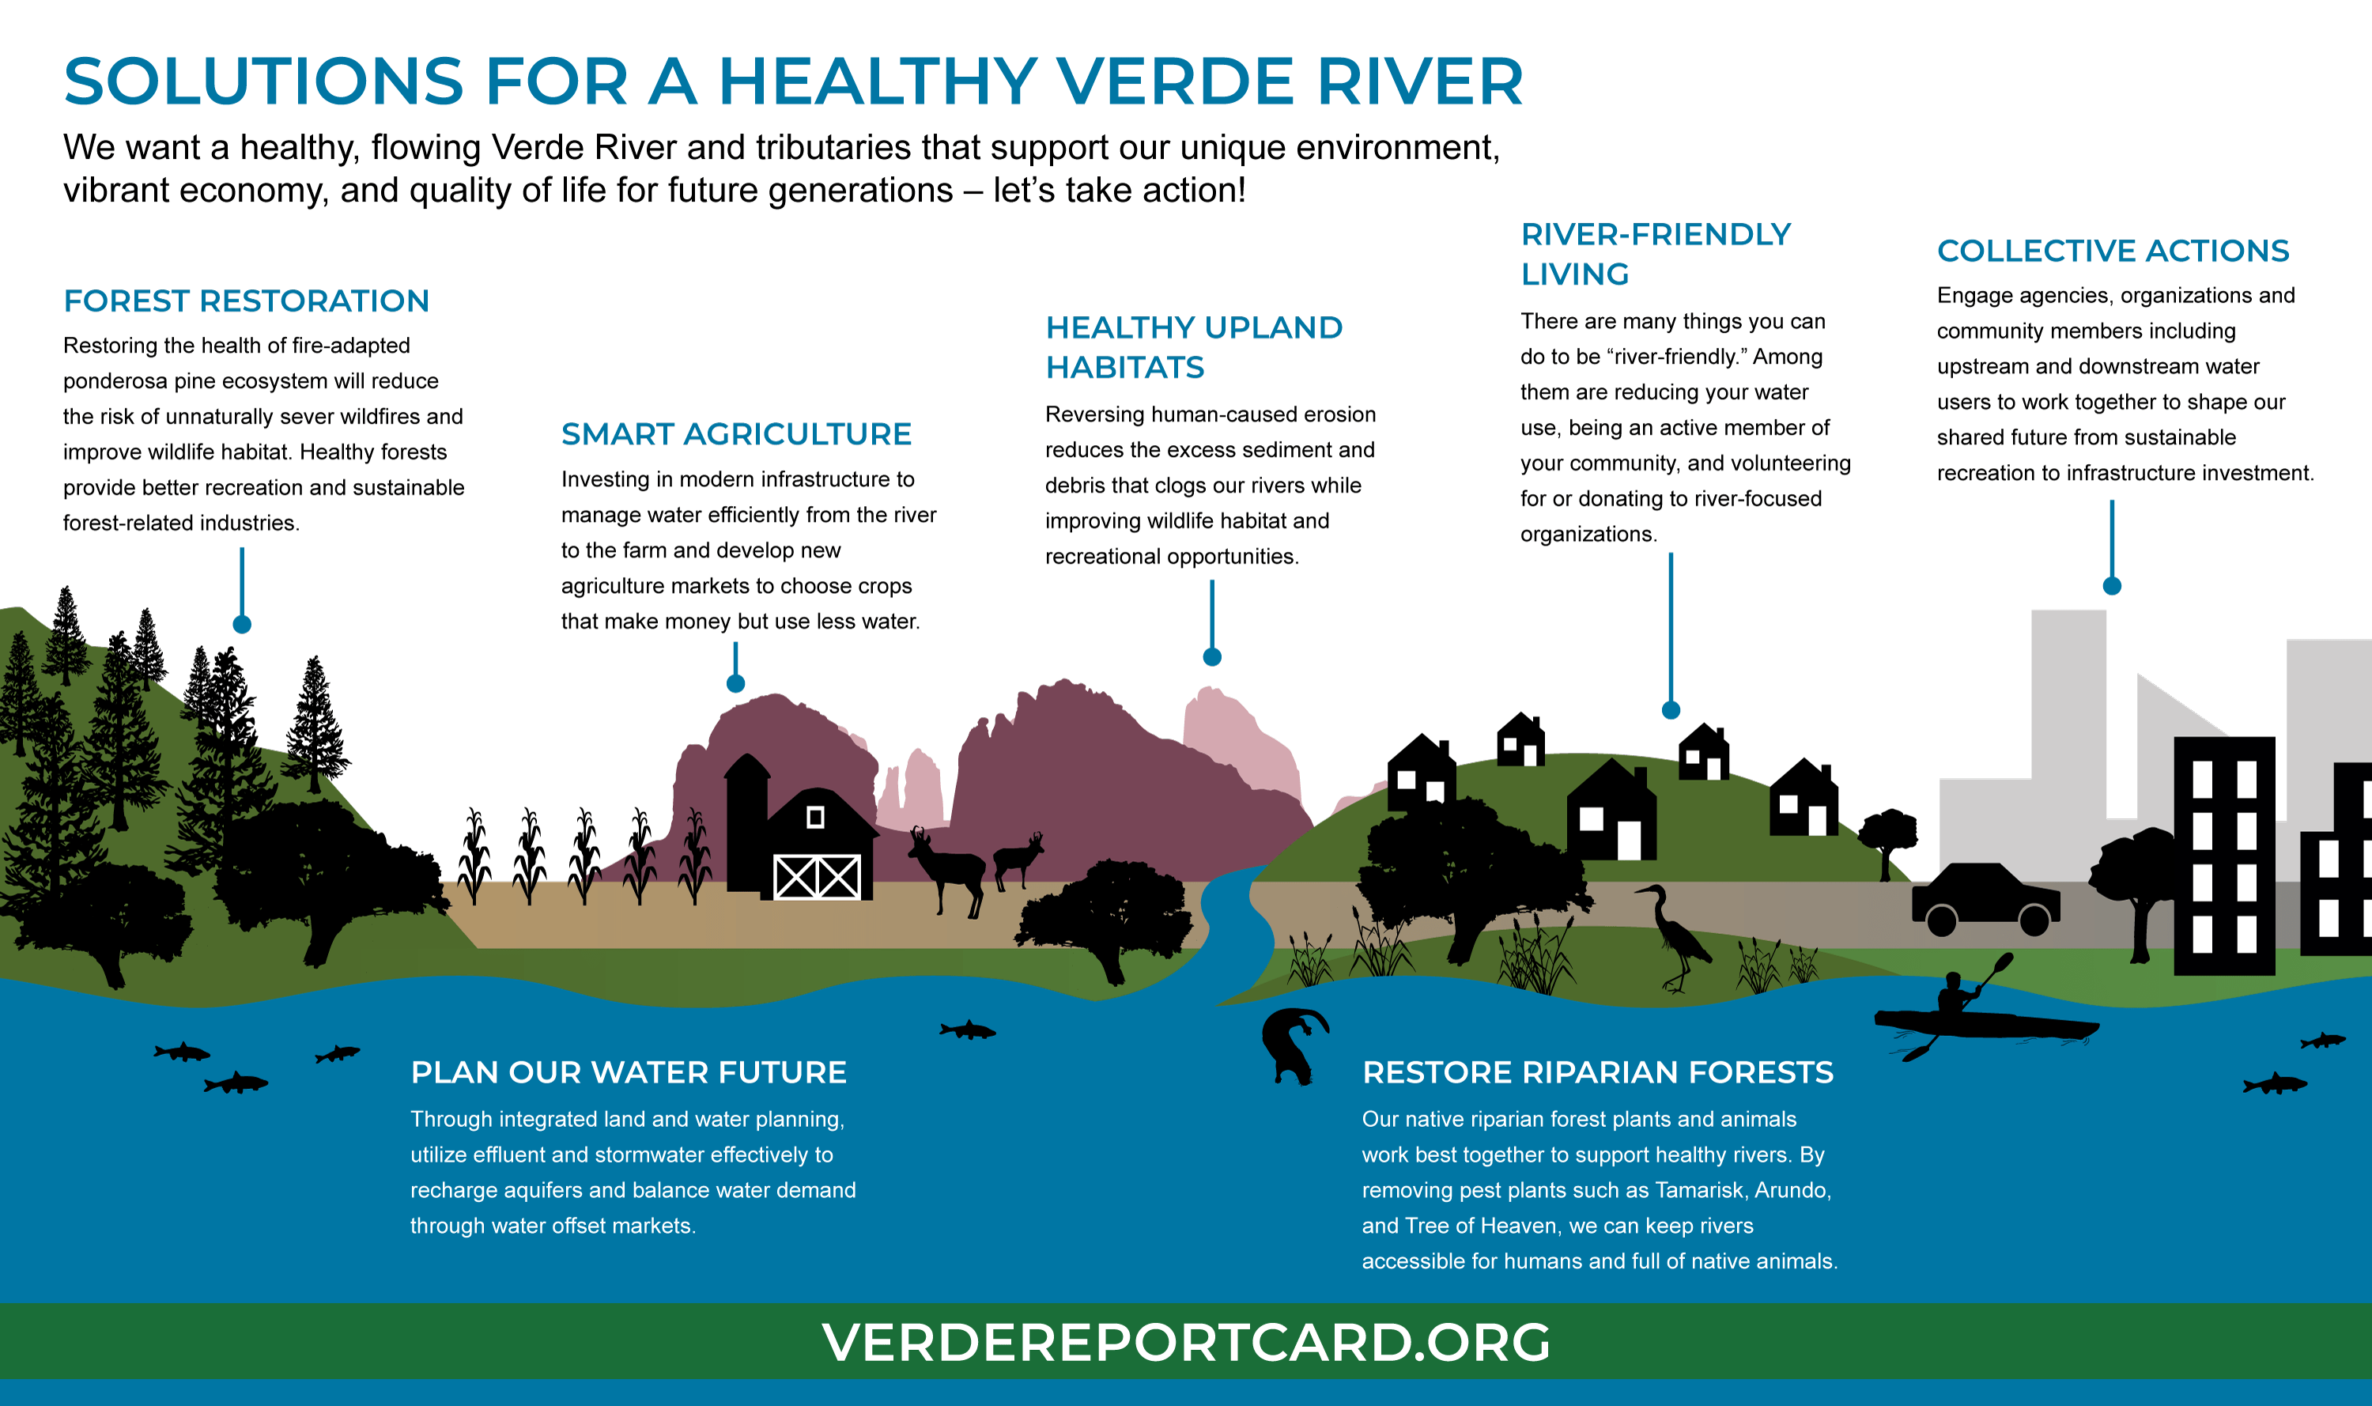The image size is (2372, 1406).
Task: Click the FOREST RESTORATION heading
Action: [247, 301]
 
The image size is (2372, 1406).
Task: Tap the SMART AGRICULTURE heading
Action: [736, 434]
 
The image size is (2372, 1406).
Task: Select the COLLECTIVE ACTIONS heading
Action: [2113, 251]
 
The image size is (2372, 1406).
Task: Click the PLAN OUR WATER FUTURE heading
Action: [628, 1072]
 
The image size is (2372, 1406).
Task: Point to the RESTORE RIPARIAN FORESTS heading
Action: [1597, 1072]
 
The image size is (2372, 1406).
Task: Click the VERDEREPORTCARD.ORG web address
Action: [1186, 1342]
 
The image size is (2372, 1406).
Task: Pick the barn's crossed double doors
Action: [817, 877]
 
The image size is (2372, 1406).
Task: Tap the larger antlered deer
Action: [948, 867]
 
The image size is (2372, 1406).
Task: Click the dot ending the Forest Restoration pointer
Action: [242, 625]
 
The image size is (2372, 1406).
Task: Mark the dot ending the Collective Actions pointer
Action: [2112, 587]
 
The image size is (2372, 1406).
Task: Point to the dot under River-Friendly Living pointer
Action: [1671, 709]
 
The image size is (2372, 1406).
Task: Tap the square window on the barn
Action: [814, 818]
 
